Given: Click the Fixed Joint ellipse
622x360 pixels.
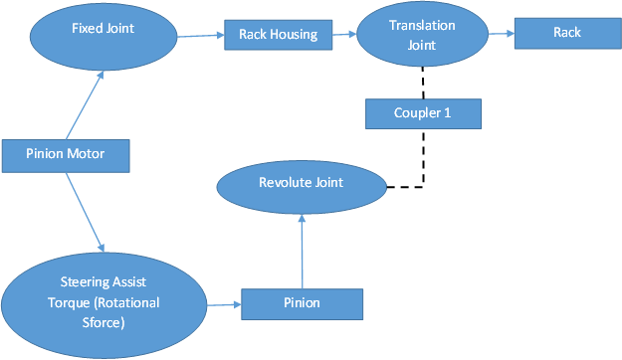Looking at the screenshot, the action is coord(104,37).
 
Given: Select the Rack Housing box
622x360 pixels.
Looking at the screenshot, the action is coord(278,35).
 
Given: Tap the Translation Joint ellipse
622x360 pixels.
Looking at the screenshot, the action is coord(423,35).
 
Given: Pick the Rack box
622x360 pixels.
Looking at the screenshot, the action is coord(568,33).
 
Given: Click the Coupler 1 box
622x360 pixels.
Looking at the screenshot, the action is coord(423,113).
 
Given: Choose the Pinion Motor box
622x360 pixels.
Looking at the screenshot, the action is coord(66,156).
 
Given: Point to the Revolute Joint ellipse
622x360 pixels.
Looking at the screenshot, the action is coord(302,187).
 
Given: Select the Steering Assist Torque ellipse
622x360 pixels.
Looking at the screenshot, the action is coord(104,305).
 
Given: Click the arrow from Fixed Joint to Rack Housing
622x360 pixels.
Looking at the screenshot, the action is coord(201,36).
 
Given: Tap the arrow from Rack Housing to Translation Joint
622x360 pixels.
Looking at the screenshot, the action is coord(344,35).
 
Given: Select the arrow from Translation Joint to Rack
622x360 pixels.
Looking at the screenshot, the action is coord(502,34).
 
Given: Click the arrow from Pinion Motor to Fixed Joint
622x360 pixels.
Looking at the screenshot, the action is coord(85,105).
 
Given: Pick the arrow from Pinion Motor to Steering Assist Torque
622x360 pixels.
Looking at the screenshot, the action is coord(85,213).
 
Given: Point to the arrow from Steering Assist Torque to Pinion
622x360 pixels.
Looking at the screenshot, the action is coord(224,305).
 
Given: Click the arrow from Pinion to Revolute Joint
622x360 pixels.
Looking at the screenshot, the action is coord(302,252).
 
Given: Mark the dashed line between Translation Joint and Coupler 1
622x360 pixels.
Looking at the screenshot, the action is coord(423,83).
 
